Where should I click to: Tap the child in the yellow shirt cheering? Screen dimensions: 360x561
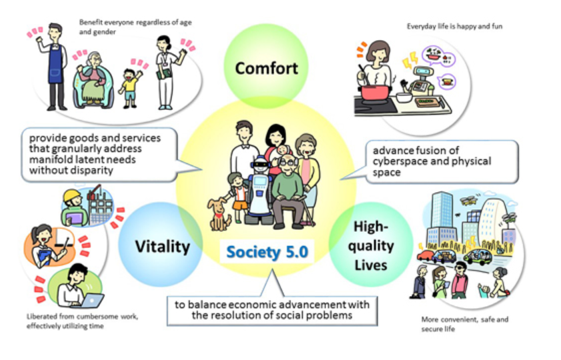coord(130,83)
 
